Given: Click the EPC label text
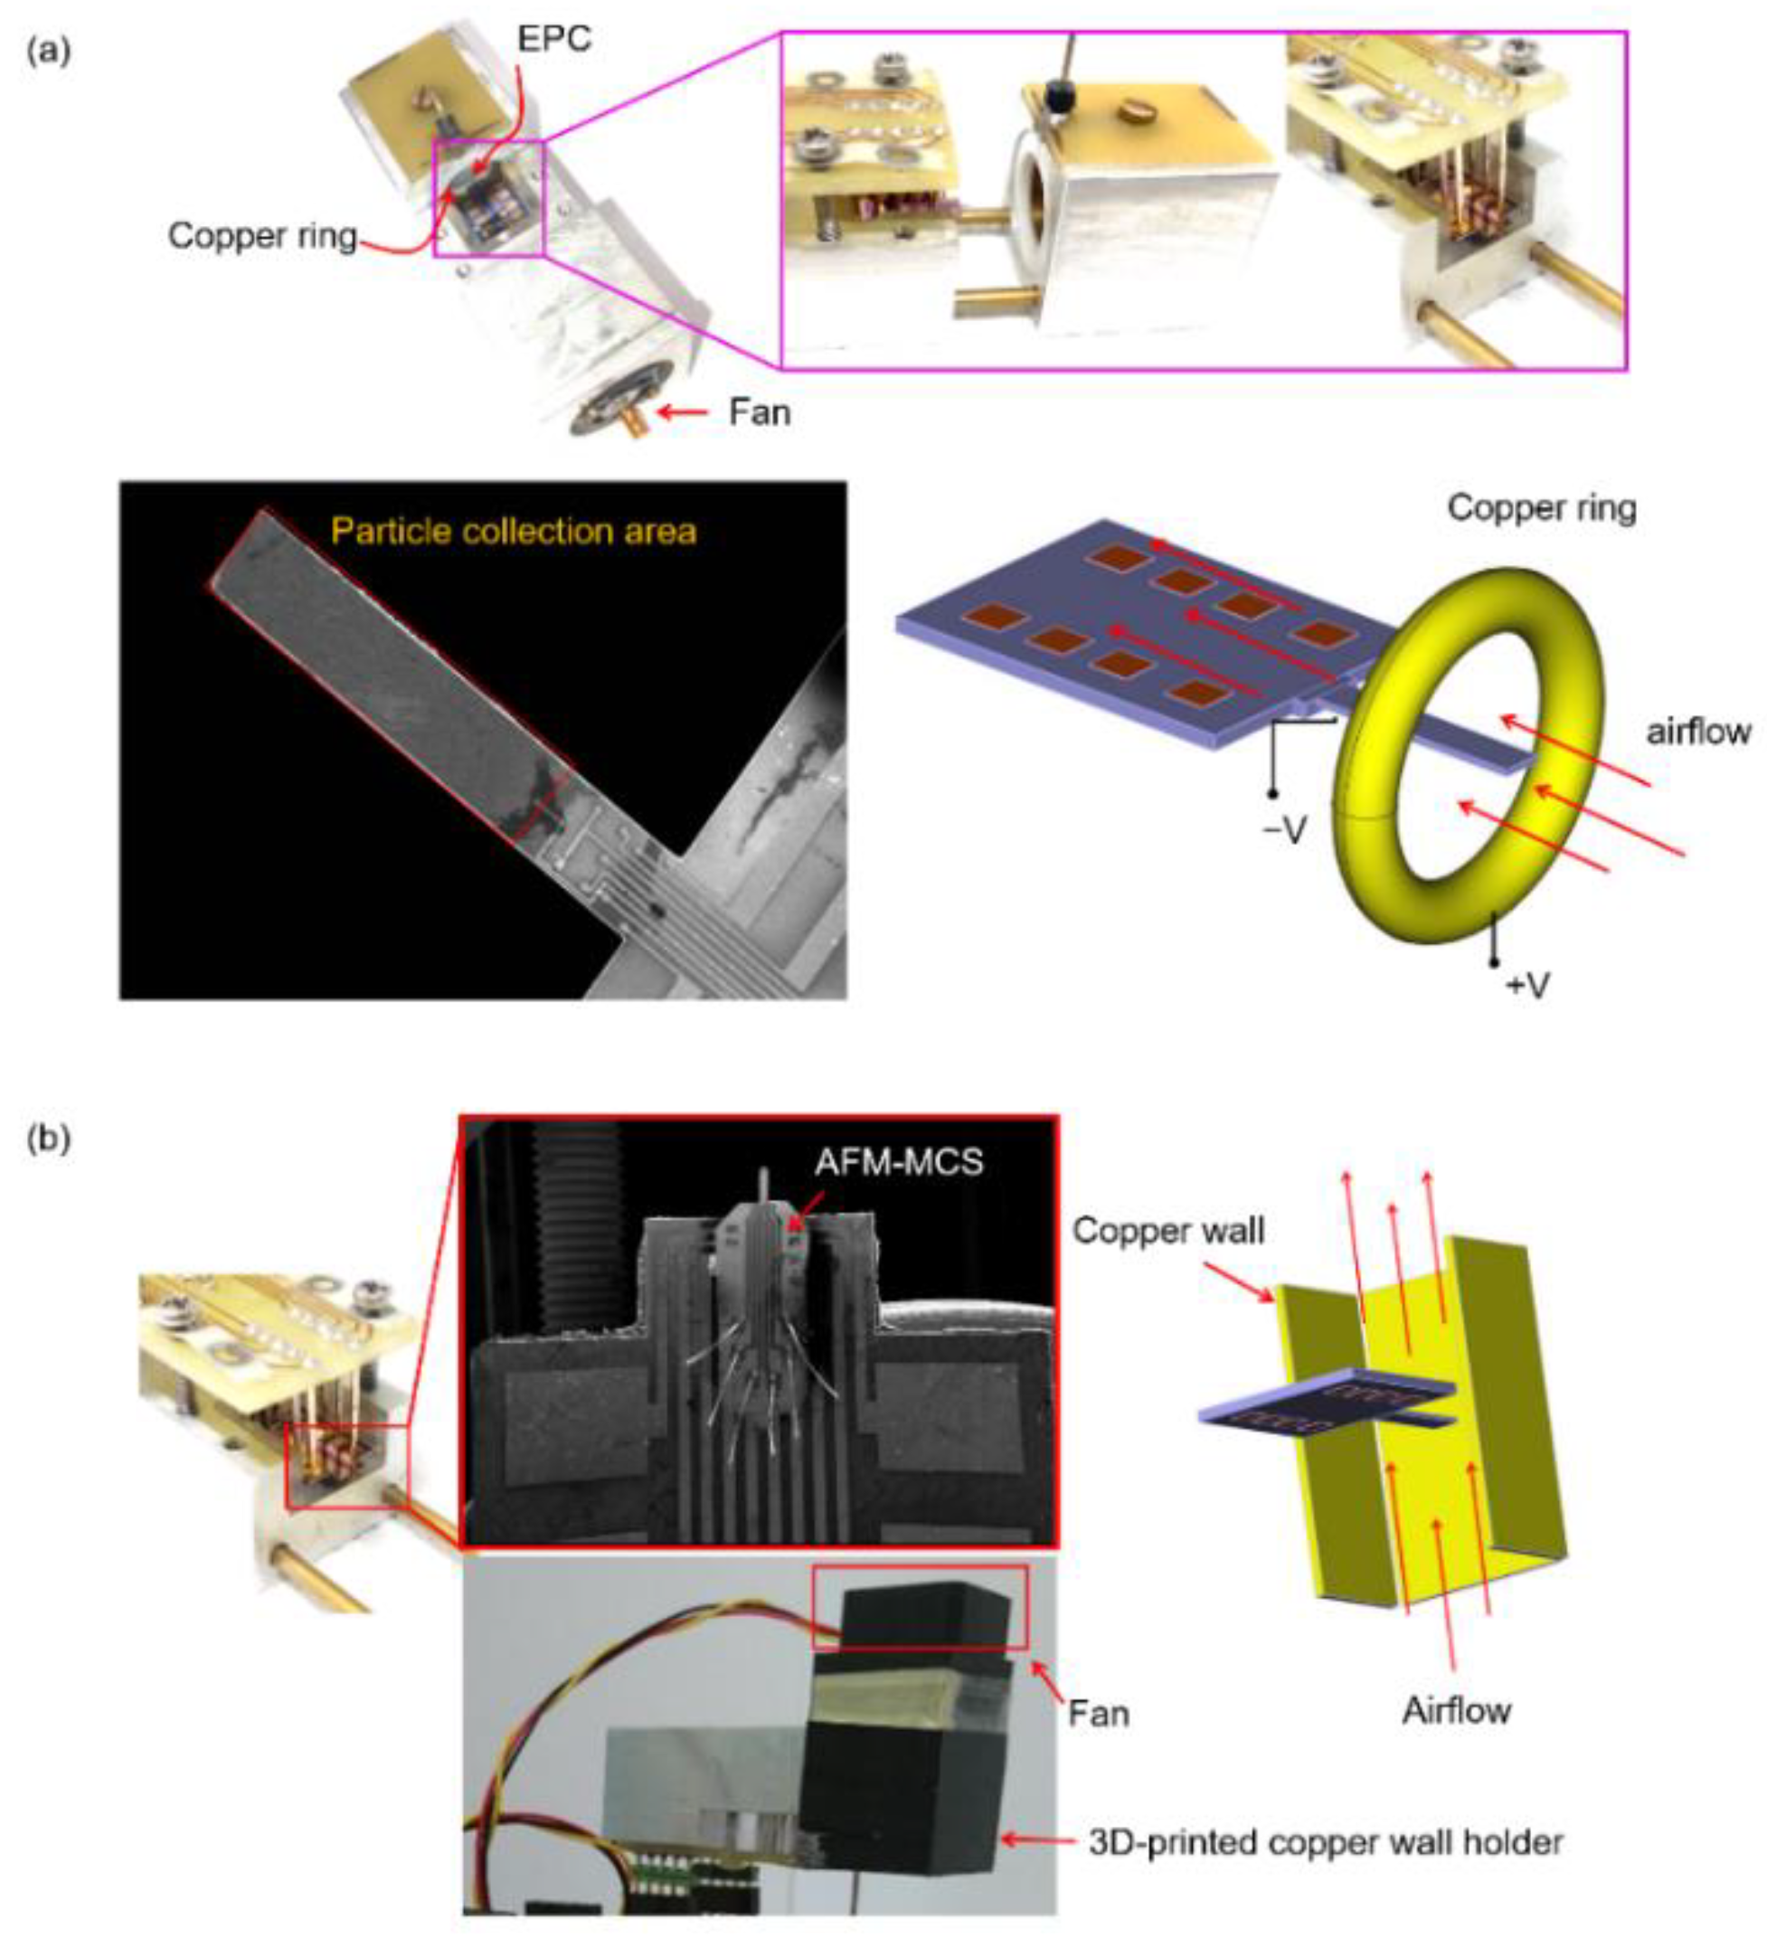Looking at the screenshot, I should pyautogui.click(x=554, y=40).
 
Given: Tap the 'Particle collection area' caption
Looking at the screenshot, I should pyautogui.click(x=514, y=531).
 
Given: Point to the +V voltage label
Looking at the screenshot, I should pyautogui.click(x=1527, y=986).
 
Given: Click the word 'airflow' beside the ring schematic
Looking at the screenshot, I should pyautogui.click(x=1698, y=731).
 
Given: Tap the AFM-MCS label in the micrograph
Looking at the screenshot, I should pyautogui.click(x=898, y=1161).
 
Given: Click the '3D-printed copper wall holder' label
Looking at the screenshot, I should pyautogui.click(x=1326, y=1843).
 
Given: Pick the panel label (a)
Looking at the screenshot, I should pyautogui.click(x=48, y=52).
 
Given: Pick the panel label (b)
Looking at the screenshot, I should pyautogui.click(x=48, y=1139).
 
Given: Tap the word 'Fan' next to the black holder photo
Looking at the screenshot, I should pyautogui.click(x=1098, y=1714).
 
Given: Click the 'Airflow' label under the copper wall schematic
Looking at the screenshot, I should pyautogui.click(x=1456, y=1710).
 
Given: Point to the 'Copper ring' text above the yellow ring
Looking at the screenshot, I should pyautogui.click(x=1541, y=509).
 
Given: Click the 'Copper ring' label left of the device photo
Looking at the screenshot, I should pyautogui.click(x=262, y=236).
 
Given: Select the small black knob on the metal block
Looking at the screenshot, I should pyautogui.click(x=1060, y=94).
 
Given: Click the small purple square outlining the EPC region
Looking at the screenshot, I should pyautogui.click(x=489, y=198).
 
